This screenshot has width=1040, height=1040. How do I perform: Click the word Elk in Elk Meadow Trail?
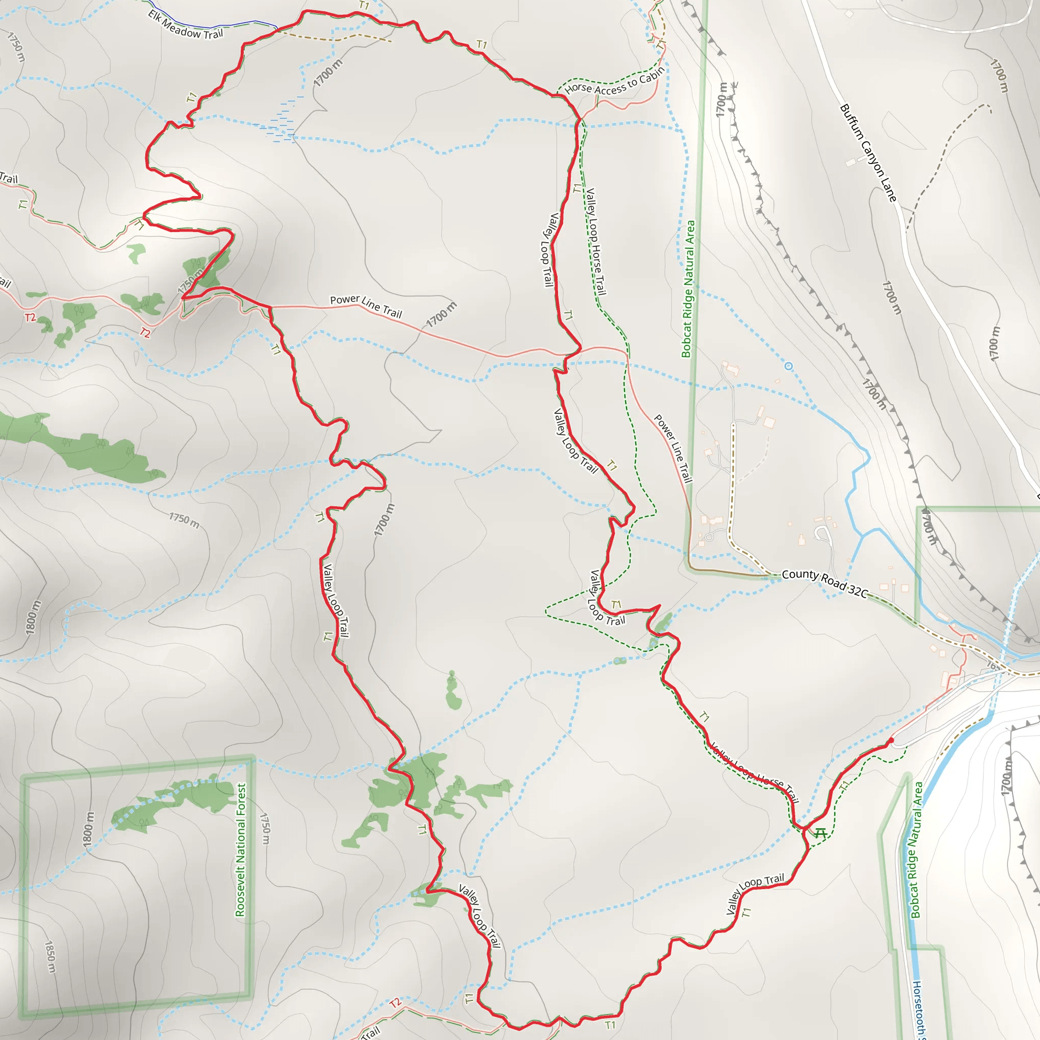click(155, 16)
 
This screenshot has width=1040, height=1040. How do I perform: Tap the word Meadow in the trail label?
click(182, 27)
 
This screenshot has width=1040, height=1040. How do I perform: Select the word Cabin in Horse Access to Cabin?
click(653, 75)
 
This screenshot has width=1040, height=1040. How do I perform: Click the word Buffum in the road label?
click(852, 122)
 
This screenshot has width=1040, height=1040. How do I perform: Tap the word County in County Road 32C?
click(800, 574)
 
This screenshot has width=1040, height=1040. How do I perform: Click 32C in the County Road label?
click(858, 591)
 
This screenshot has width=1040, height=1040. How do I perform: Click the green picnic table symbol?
click(820, 834)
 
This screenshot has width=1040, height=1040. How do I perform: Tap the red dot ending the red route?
click(891, 741)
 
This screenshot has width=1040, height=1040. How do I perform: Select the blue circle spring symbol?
click(789, 367)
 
